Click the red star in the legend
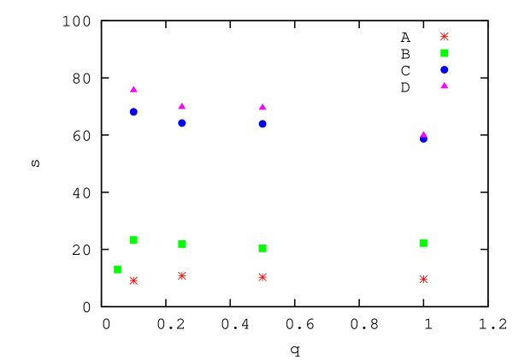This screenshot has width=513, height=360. (x=445, y=37)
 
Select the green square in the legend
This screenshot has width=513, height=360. (x=445, y=53)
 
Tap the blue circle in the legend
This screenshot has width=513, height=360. (x=445, y=69)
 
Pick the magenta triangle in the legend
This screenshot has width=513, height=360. (x=445, y=86)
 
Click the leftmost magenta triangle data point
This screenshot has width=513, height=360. (x=133, y=89)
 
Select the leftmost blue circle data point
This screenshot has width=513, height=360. (x=133, y=112)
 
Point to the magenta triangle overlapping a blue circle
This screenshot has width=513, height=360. (x=423, y=133)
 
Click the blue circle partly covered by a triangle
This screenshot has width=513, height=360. (x=423, y=140)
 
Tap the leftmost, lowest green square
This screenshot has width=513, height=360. (x=117, y=269)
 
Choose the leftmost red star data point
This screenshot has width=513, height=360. (x=133, y=280)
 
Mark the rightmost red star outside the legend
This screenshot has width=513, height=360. (x=423, y=280)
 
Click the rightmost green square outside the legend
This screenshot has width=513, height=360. (x=423, y=243)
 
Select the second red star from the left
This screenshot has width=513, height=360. (x=182, y=276)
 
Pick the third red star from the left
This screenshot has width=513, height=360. (x=262, y=277)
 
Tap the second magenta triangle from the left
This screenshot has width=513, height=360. (x=182, y=106)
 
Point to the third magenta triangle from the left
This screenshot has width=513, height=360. (x=262, y=107)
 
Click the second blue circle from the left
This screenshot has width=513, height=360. (x=182, y=123)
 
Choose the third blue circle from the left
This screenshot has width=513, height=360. (x=262, y=124)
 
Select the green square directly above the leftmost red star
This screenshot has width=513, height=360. (x=133, y=240)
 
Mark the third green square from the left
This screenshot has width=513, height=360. (x=182, y=245)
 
